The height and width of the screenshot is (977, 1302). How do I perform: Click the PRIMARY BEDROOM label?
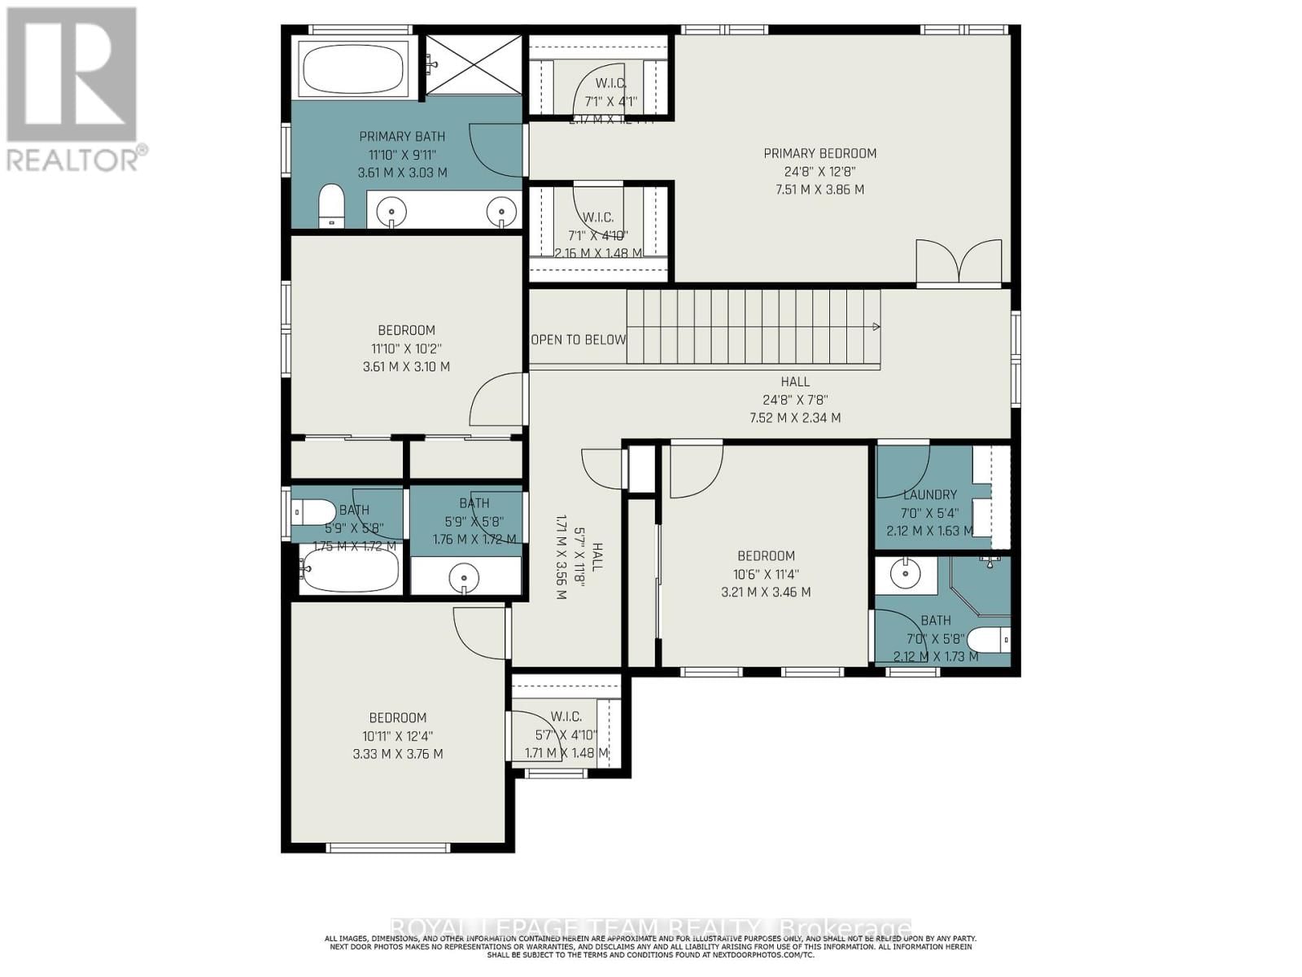(x=819, y=153)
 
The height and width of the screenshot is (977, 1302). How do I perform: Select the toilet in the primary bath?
(x=330, y=206)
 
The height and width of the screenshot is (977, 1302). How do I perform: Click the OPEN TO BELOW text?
(x=579, y=340)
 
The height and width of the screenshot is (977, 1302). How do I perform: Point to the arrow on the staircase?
(x=876, y=326)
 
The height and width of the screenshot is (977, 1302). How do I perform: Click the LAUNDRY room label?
(x=929, y=494)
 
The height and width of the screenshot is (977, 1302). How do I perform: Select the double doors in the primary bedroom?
(x=959, y=262)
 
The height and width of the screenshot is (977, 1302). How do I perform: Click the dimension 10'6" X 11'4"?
(x=766, y=574)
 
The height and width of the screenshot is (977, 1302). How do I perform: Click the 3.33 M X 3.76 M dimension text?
(x=398, y=754)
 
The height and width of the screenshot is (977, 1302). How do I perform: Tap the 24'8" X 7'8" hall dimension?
(x=795, y=400)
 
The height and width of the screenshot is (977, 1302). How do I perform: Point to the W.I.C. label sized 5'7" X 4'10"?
(x=566, y=716)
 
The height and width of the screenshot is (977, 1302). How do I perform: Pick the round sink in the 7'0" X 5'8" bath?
(x=904, y=574)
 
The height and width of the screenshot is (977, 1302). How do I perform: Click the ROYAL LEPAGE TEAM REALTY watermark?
(x=651, y=928)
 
